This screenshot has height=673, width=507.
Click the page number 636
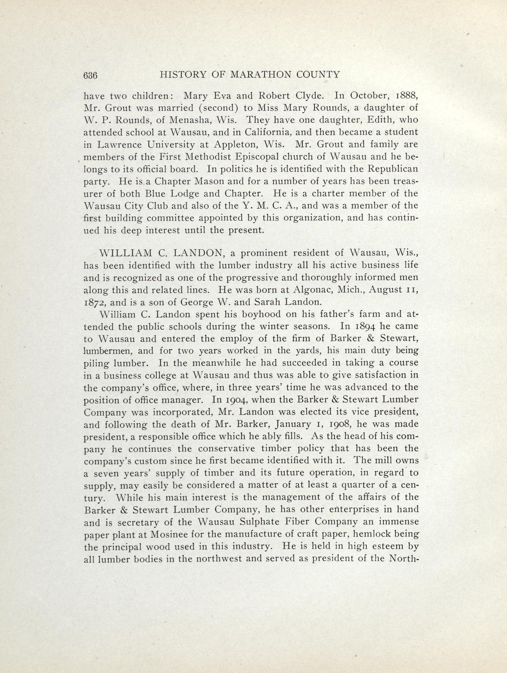click(x=91, y=75)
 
